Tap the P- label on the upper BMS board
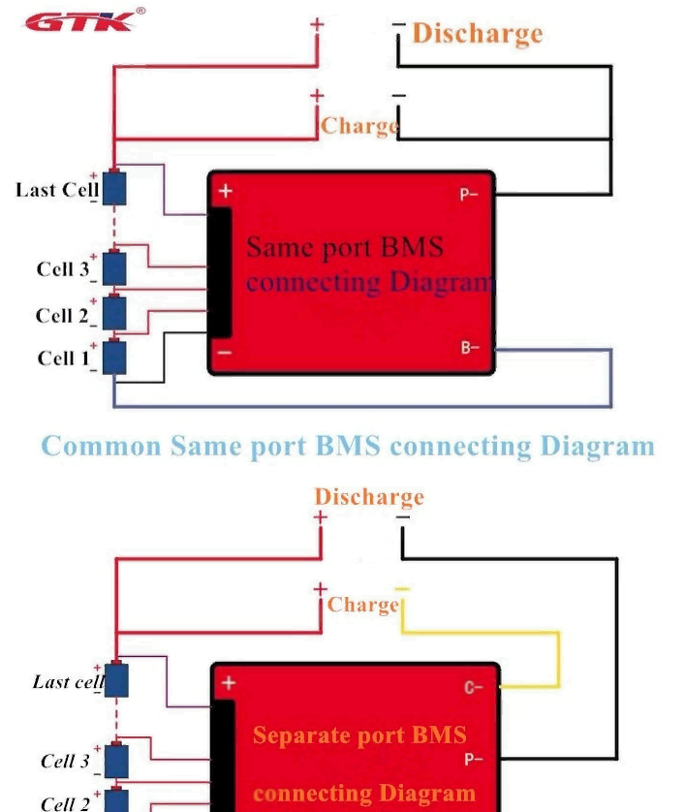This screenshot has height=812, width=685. coord(469,194)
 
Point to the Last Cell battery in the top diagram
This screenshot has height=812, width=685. coord(114,188)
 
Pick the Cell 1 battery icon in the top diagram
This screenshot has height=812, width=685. coord(114,358)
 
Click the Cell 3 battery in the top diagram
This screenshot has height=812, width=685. coord(114,267)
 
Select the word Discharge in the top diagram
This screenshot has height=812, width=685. coord(477,34)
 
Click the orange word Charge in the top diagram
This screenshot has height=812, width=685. coord(359,126)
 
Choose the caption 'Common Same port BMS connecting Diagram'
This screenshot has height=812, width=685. coord(348,447)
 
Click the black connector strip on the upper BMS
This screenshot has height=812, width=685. coord(221,271)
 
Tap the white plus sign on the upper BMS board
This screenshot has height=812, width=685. coord(225,192)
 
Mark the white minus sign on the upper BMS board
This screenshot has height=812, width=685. coord(224,352)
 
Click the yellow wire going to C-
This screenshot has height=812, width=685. coord(558,659)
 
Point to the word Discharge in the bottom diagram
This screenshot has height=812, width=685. coord(369,497)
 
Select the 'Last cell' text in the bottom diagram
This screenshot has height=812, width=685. coord(67,682)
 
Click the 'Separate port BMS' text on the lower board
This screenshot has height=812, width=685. coord(359,734)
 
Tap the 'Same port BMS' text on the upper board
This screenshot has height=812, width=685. coord(345,247)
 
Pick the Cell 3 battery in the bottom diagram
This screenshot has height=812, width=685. coord(116,760)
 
